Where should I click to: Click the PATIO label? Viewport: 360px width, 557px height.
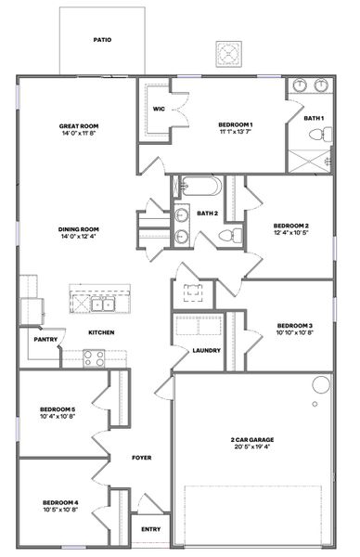click(x=102, y=41)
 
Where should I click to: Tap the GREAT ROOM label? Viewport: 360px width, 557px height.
click(x=79, y=126)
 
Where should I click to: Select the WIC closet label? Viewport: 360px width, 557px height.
click(x=159, y=109)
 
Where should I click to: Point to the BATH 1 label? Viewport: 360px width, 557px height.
click(x=315, y=118)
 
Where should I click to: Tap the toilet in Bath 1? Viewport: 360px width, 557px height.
click(x=317, y=136)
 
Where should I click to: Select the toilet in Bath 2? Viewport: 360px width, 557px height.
click(x=234, y=234)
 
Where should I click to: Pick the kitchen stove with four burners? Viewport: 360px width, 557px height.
click(x=93, y=357)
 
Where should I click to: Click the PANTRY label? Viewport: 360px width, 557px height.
click(x=45, y=340)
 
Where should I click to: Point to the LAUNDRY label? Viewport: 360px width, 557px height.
click(x=206, y=350)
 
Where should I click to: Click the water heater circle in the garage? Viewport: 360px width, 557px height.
click(x=321, y=383)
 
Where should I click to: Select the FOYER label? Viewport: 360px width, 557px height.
click(x=141, y=458)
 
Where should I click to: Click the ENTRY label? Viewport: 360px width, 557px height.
click(x=150, y=529)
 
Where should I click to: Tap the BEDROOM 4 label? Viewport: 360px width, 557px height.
click(x=59, y=501)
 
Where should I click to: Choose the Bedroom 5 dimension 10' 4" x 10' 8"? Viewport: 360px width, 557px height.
click(x=58, y=416)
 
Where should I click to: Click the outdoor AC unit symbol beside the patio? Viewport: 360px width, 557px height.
click(x=228, y=54)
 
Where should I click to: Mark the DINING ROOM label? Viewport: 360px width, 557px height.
click(x=79, y=229)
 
